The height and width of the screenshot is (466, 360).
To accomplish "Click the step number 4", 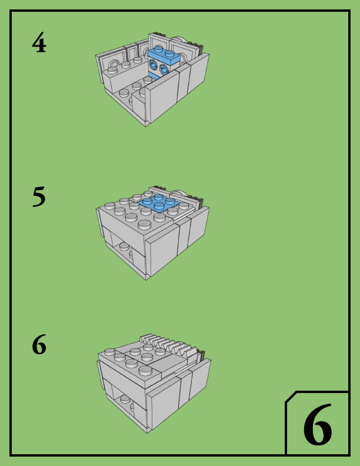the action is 39,42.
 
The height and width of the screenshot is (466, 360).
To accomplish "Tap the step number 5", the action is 39,196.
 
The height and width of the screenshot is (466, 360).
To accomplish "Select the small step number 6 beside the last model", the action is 39,344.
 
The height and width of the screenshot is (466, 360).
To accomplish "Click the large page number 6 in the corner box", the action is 317,425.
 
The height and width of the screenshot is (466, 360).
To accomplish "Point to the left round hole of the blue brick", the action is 154,64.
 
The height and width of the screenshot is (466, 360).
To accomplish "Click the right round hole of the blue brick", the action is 164,69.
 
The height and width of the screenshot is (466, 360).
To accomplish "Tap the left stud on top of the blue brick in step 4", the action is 158,49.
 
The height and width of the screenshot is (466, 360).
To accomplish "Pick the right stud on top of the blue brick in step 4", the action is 169,54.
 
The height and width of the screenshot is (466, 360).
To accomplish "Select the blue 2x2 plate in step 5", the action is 159,202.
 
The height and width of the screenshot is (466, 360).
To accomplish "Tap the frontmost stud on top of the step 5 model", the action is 144,224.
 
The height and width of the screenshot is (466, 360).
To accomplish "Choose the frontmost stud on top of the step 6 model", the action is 145,370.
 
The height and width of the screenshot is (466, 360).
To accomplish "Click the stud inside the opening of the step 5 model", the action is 124,246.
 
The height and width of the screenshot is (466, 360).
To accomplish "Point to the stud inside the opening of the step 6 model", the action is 125,399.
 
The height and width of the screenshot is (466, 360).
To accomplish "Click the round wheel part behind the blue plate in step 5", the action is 181,193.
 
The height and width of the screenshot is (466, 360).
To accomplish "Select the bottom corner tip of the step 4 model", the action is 146,126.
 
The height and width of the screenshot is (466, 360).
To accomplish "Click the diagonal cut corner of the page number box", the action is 291,397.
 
